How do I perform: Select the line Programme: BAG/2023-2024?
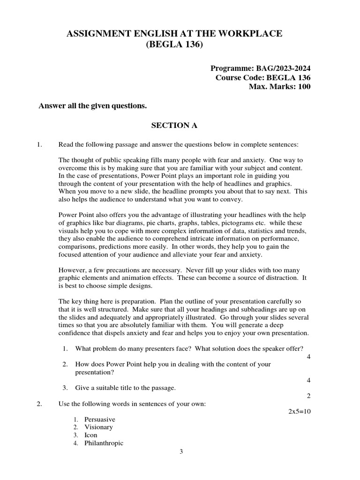click(261, 68)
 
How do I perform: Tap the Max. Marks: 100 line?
click(279, 87)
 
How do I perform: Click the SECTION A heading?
click(174, 125)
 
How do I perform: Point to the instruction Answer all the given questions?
click(92, 106)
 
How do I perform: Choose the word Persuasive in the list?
click(99, 419)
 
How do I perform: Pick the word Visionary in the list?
click(98, 427)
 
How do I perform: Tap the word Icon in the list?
click(91, 435)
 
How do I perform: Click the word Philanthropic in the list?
click(104, 443)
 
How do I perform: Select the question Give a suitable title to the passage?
click(125, 388)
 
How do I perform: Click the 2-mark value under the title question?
click(308, 396)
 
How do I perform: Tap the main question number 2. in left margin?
click(39, 404)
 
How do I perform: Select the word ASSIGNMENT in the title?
click(97, 33)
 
